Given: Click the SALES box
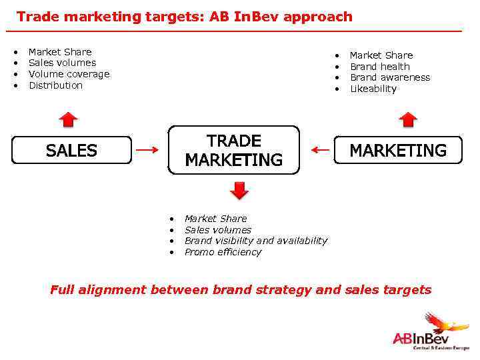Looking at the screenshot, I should (x=71, y=151).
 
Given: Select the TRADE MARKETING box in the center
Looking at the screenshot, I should (x=234, y=151).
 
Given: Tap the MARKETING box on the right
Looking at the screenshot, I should (x=398, y=151).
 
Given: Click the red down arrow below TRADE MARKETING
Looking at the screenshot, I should (x=239, y=190).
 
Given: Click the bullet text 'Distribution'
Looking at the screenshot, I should (x=55, y=85).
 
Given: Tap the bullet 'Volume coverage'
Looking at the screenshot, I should (x=69, y=74).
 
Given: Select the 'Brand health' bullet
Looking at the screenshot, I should (x=379, y=67).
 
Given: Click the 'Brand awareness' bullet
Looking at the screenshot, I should (x=389, y=77).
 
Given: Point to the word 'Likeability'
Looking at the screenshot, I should (x=373, y=89).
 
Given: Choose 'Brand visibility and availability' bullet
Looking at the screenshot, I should (x=255, y=241).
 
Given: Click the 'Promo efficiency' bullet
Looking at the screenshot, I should (x=223, y=252).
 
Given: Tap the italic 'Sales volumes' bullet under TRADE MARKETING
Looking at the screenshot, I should (x=217, y=230).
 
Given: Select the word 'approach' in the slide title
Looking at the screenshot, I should (x=318, y=17).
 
